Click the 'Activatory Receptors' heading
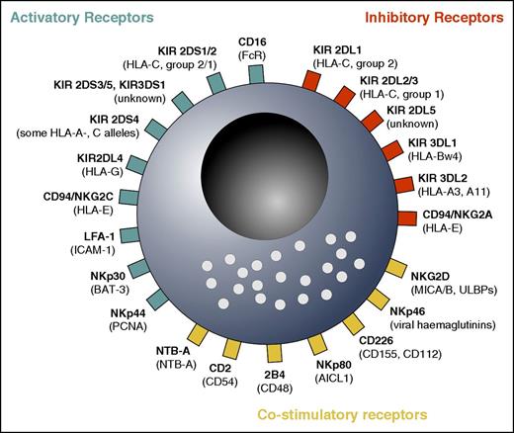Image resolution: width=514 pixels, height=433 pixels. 77,17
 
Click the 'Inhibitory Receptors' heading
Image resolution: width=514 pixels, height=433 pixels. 436,18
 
